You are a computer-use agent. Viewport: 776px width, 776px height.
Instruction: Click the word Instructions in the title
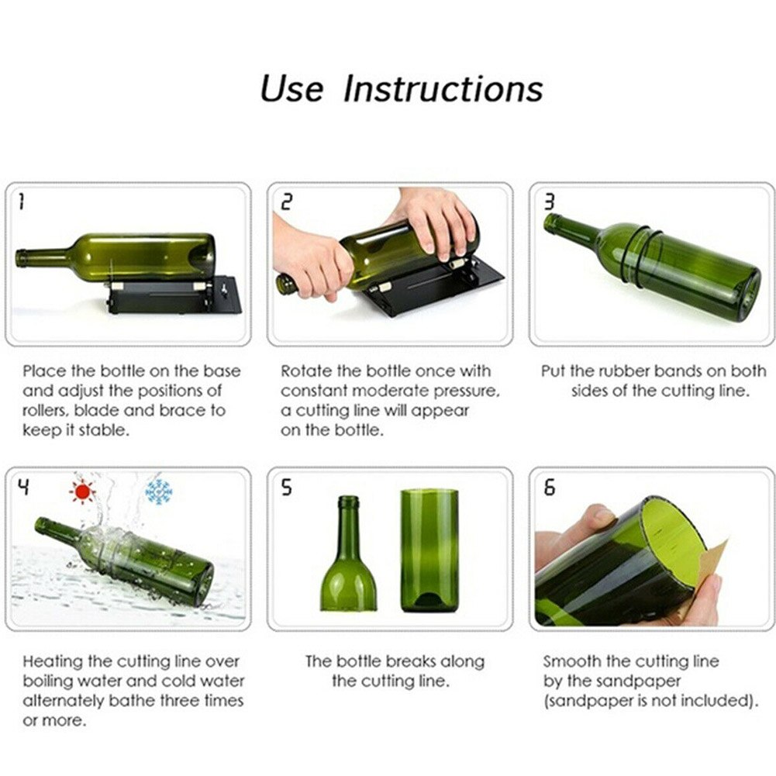443,88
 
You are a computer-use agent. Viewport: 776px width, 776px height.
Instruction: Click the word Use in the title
291,88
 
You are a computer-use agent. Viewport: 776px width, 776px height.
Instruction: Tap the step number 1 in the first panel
21,203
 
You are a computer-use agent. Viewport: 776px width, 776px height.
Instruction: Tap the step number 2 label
287,203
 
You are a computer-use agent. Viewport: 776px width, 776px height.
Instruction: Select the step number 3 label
549,203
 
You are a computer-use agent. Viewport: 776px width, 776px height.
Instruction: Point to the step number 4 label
23,488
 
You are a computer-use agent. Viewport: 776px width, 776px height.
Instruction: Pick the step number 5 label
286,488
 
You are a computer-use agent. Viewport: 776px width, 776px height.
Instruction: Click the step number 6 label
549,488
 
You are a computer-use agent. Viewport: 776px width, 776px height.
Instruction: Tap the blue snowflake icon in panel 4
158,491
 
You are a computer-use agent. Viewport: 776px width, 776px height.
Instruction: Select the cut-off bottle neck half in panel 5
348,558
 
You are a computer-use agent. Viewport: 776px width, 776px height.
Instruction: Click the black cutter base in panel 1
174,298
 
